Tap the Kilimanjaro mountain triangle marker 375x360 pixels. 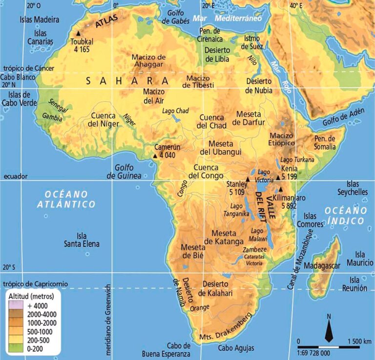click(x=281, y=189)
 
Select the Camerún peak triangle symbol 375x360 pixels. click(x=155, y=155)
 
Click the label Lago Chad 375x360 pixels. click(x=175, y=111)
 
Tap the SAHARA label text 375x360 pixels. click(x=127, y=81)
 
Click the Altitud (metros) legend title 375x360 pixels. click(x=31, y=296)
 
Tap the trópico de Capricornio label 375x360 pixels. click(x=35, y=283)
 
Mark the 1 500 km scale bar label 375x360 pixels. click(x=359, y=340)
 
